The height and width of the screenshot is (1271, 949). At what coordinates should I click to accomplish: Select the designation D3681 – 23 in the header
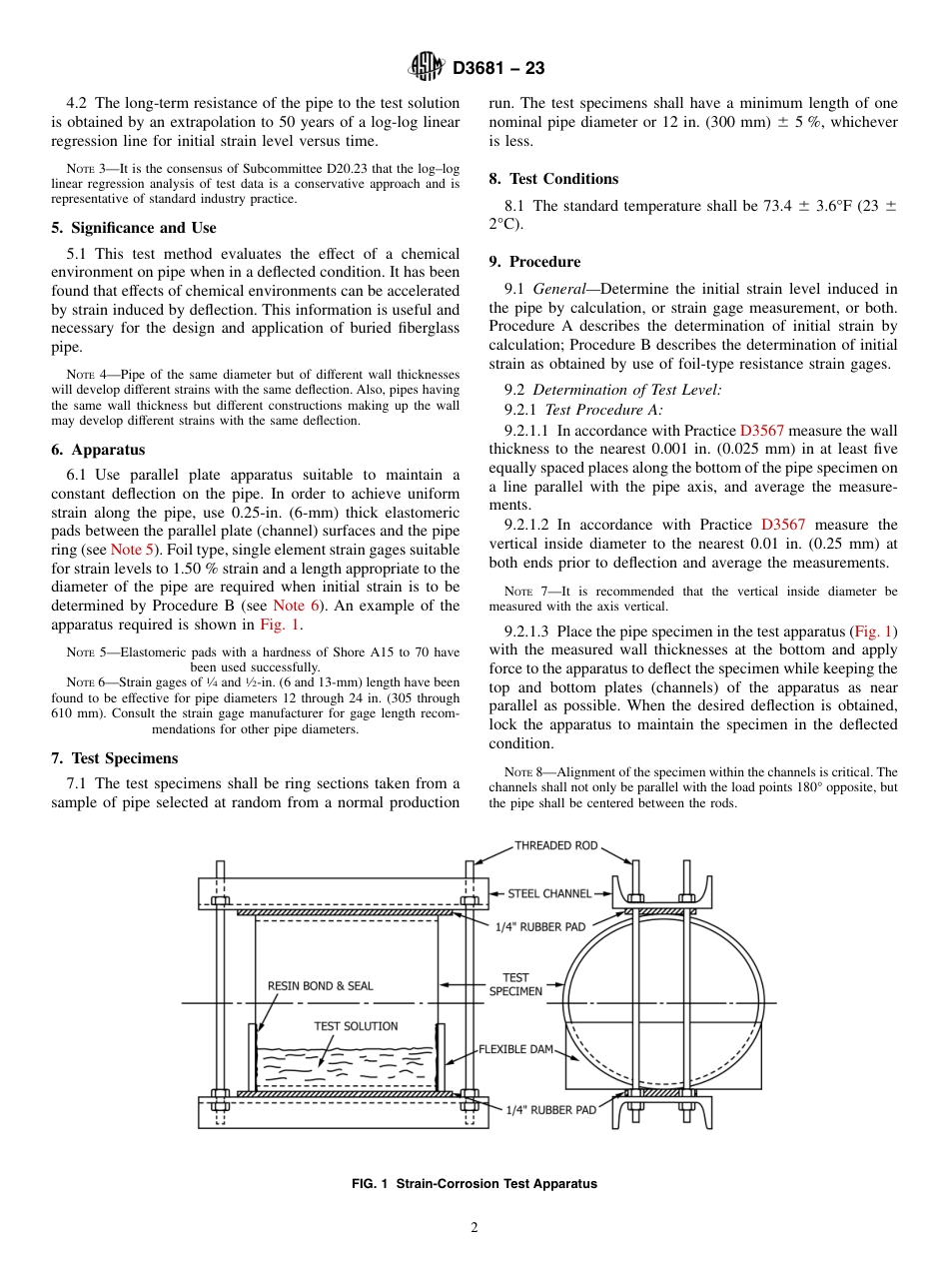coord(498,69)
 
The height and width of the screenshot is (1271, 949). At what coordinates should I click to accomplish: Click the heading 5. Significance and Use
coord(133,228)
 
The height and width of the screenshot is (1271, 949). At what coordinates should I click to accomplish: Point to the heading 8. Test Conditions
coord(553,179)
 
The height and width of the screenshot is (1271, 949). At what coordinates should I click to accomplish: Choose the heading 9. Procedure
coord(534,262)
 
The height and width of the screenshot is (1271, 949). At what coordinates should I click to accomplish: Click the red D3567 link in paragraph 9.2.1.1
coord(761,431)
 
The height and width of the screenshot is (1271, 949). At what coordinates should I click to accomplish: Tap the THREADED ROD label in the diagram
coord(555,845)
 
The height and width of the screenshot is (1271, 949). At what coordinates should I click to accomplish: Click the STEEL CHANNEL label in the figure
coord(549,893)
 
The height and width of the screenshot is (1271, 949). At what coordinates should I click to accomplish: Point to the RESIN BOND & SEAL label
coord(320,985)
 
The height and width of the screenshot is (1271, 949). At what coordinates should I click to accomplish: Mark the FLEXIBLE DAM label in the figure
coord(514,1049)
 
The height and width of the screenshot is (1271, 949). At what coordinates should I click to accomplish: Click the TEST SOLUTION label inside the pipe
coord(356,1026)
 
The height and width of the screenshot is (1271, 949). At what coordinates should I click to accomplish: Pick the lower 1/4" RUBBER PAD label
coord(550,1109)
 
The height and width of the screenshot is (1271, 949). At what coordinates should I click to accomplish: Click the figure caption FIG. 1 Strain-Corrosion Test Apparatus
coord(474,1184)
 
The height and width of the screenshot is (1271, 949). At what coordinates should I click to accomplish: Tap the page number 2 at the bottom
coord(474,1228)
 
